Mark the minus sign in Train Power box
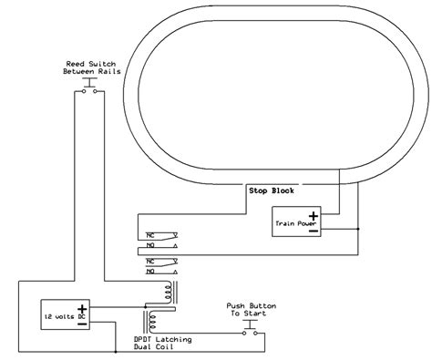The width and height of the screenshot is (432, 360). coord(312,231)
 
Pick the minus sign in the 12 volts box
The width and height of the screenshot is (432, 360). coord(81,322)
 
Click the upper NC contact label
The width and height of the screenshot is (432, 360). coord(151,234)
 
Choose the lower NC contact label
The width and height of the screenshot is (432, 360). coord(151,261)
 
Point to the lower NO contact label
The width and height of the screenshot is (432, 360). coord(151,272)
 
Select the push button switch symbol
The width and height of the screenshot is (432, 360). coord(248,329)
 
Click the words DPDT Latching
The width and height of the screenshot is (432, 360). coord(163,340)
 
